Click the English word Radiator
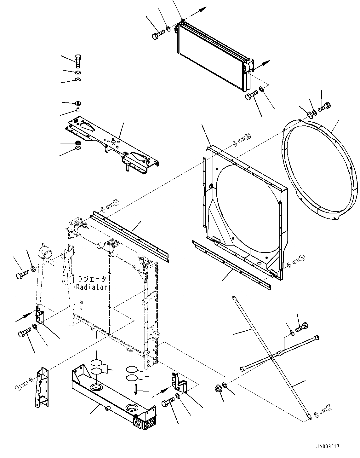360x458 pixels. click(x=92, y=287)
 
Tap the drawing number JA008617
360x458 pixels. click(x=329, y=447)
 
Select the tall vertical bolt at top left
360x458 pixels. click(x=78, y=61)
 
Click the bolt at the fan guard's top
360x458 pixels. click(x=324, y=108)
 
